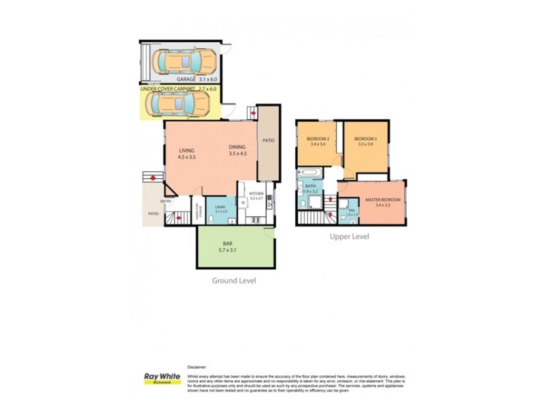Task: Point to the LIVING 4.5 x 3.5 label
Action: (187, 154)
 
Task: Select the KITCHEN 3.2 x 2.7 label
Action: (256, 197)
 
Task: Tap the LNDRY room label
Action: (220, 209)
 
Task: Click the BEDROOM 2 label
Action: (318, 141)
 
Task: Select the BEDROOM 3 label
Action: (365, 141)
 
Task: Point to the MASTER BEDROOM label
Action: (382, 200)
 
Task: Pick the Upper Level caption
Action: (349, 237)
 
